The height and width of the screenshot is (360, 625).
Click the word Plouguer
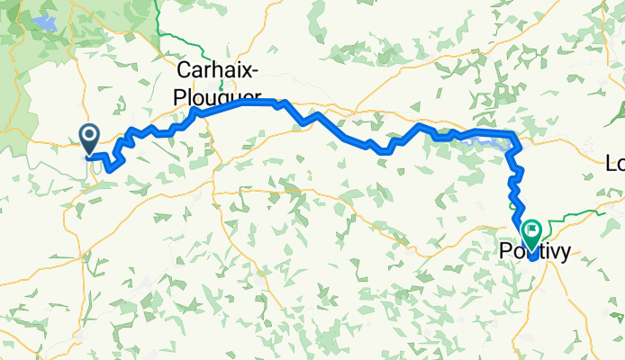point(216,95)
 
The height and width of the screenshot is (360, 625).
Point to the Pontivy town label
point(534,254)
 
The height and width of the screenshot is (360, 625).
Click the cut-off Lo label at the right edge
point(615,165)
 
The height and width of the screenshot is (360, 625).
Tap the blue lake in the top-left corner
point(43,20)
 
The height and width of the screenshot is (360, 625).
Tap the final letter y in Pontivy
point(565,256)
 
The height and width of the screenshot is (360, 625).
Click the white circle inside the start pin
point(90,136)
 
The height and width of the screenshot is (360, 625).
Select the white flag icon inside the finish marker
point(530,230)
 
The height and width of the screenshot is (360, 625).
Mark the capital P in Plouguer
point(176,95)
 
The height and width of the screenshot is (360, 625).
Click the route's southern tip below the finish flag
point(533,258)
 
